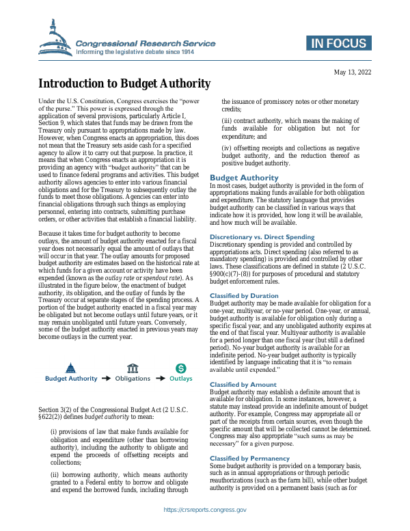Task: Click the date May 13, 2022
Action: pyautogui.click(x=352, y=72)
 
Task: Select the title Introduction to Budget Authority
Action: pyautogui.click(x=124, y=84)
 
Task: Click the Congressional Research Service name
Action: pyautogui.click(x=146, y=43)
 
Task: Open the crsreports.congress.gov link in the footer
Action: pyautogui.click(x=205, y=510)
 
